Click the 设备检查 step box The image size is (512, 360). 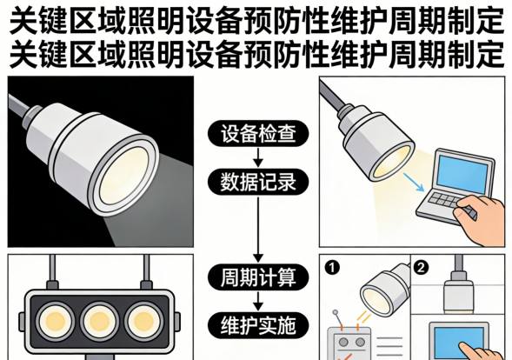click(x=256, y=135)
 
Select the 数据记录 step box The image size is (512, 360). click(x=256, y=182)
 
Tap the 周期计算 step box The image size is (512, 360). click(x=256, y=279)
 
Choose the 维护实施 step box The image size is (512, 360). click(x=256, y=325)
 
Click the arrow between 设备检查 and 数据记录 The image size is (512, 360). click(x=256, y=158)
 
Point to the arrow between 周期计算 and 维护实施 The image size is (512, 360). click(x=256, y=303)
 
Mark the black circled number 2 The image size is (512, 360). click(x=421, y=266)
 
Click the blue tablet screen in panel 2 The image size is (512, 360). click(x=465, y=339)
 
